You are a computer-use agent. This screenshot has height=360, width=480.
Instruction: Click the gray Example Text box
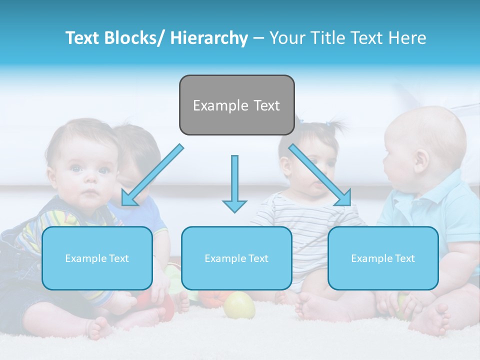[x=236, y=105]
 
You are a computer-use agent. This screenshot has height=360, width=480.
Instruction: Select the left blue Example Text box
[x=97, y=258]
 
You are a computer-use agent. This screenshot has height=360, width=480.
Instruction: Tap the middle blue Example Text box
[x=236, y=258]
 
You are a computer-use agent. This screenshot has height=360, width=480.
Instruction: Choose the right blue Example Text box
[x=383, y=258]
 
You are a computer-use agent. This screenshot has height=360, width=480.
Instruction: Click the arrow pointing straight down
[x=234, y=182]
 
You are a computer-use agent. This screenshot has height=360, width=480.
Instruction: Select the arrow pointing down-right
[x=320, y=175]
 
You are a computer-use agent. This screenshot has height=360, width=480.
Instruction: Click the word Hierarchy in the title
[x=209, y=38]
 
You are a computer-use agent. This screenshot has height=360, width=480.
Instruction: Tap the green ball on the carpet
[x=239, y=305]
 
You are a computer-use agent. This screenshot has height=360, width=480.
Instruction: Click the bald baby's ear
[x=421, y=161]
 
